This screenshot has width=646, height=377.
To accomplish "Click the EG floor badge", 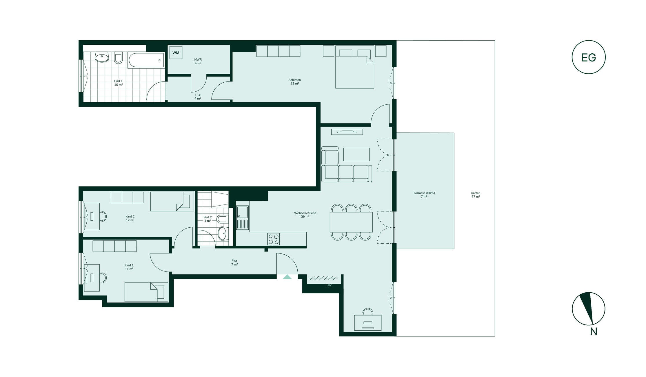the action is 588,57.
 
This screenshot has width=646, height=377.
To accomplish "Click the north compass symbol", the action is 588,309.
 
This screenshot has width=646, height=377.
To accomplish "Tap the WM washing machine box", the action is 176,52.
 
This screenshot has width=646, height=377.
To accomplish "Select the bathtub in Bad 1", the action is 146,60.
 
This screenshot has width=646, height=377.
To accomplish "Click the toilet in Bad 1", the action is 118,58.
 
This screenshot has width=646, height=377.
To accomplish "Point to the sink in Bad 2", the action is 222,233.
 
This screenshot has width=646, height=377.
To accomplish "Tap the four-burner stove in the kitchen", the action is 274,239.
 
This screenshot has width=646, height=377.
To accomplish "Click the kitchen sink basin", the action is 242,212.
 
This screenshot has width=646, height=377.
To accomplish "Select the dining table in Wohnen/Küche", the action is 351,222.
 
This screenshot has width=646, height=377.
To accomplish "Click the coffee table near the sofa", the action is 356,154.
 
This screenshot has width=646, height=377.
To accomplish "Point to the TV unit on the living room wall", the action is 347,132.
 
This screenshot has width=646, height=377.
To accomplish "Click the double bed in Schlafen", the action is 355,67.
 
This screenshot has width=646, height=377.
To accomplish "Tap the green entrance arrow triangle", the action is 287,277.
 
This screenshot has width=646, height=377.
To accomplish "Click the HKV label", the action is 329,285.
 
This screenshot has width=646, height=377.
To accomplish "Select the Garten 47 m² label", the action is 476,195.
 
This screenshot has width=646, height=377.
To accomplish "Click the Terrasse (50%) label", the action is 424,193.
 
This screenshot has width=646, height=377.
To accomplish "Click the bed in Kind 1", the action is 146,292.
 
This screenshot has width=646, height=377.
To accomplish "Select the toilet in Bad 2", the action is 223,219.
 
